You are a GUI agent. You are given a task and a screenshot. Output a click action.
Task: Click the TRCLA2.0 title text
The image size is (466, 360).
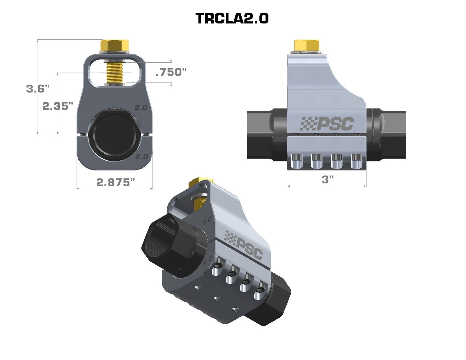pos(232,19)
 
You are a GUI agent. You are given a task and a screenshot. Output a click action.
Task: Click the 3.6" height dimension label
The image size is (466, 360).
pos(37,89)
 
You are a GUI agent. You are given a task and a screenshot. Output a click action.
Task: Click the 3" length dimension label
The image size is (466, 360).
pos(328,180)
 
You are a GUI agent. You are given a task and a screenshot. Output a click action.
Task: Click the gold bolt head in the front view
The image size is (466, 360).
pos(115,46)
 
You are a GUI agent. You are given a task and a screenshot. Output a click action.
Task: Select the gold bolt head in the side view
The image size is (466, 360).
pos(306,45)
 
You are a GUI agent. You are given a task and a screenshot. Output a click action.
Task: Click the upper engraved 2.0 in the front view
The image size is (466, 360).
pos(141,108)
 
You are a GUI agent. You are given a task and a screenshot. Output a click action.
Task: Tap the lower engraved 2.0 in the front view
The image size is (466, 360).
pos(142,157)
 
